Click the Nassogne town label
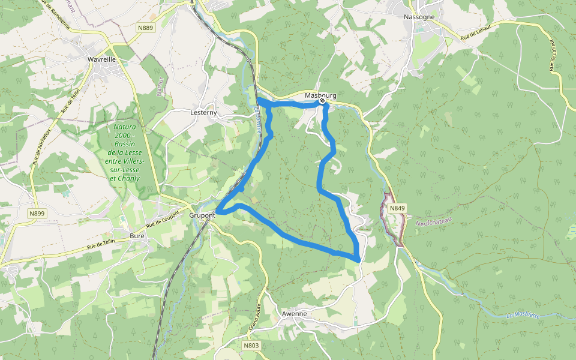pos(419,17)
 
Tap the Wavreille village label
pos(101,60)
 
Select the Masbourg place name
pos(320,96)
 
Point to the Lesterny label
pos(203,113)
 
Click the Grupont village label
pos(202,215)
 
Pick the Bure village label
pos(137,235)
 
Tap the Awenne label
pos(294,314)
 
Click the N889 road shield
pos(145,28)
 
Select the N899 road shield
pos(37,214)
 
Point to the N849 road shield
pos(397,208)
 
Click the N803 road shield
pos(251,346)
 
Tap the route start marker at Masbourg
pos(323,101)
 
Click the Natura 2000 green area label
pos(125,152)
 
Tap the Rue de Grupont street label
pos(162,220)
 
